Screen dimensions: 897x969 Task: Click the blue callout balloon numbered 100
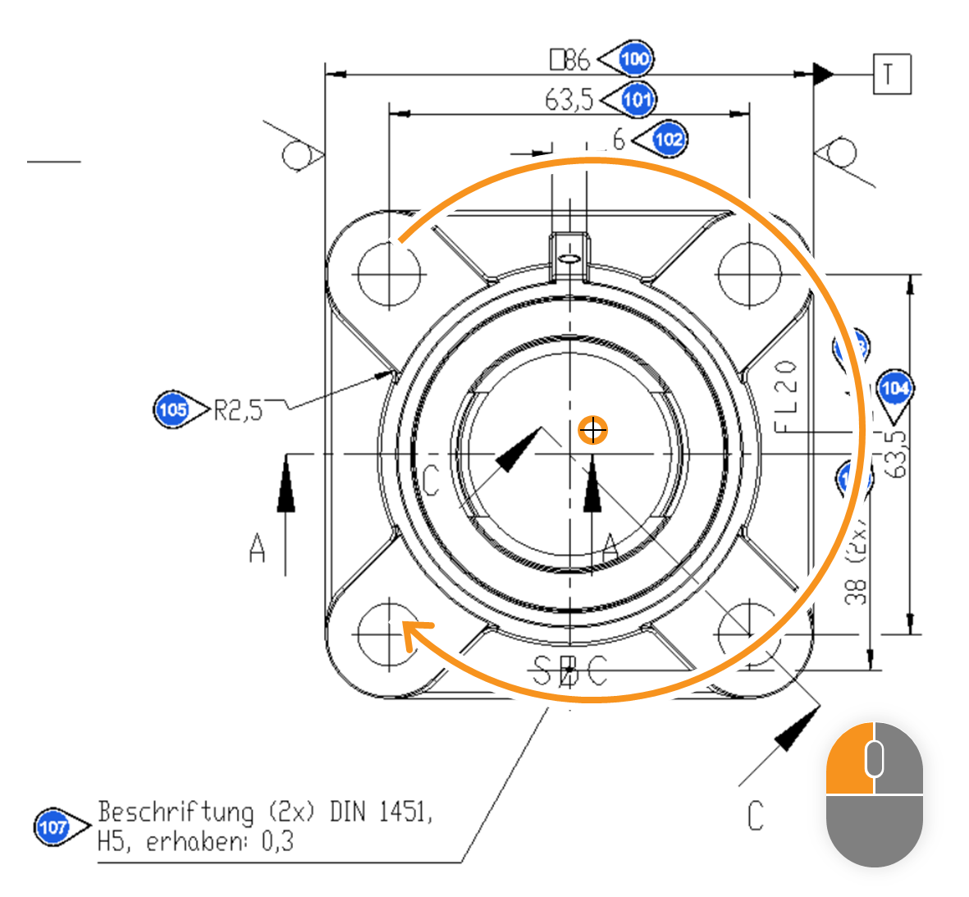click(634, 58)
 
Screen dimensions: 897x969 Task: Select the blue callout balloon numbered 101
click(637, 99)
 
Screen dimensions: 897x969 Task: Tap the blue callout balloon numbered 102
click(669, 139)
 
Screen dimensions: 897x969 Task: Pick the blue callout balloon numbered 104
click(894, 387)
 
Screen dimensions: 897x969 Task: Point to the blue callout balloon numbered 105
click(171, 409)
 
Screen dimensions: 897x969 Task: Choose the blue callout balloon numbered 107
click(53, 826)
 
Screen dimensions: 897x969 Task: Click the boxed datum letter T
click(890, 75)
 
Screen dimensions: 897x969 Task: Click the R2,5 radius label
click(238, 410)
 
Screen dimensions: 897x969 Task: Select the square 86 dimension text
click(569, 59)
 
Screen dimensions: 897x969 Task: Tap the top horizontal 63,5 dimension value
click(569, 99)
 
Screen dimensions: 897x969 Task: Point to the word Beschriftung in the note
click(176, 812)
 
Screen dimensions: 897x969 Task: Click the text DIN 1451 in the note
click(380, 812)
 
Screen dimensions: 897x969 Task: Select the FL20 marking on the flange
click(786, 396)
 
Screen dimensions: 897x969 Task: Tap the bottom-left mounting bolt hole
click(389, 633)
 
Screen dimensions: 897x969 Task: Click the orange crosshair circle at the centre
click(592, 429)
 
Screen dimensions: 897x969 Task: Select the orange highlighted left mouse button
click(849, 758)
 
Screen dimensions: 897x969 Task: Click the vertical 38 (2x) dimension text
click(857, 566)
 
